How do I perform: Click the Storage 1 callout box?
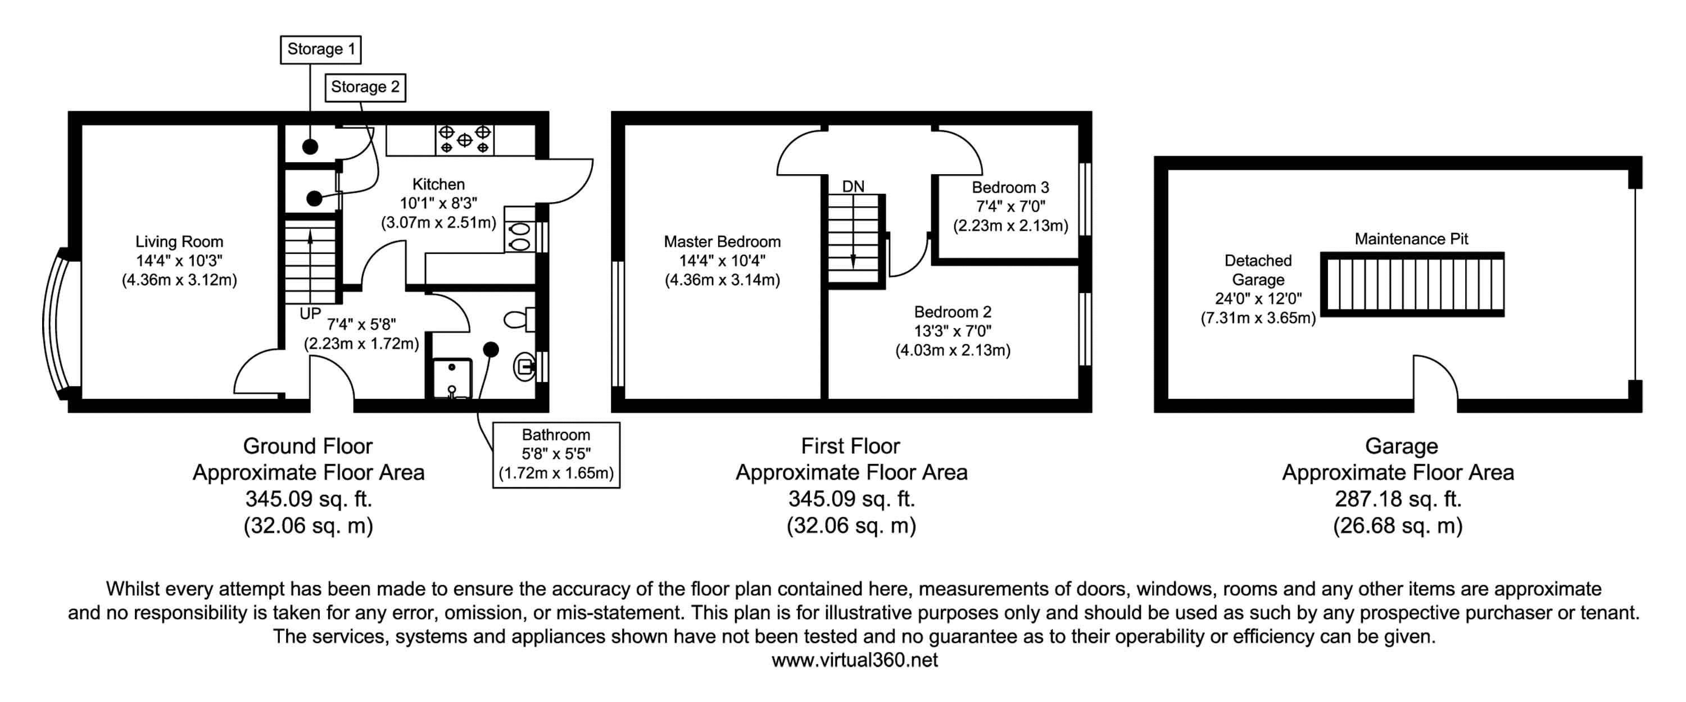321,50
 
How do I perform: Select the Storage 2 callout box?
365,88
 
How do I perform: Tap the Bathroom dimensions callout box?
556,455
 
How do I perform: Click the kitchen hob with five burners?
465,139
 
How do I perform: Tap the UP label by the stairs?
310,313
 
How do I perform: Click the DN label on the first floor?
853,186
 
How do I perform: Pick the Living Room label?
179,242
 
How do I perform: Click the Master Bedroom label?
722,242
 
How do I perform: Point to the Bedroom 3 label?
1010,188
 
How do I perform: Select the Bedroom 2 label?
952,312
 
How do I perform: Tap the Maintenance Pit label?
1411,239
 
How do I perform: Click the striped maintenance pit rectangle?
1412,285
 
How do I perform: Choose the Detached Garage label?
1258,270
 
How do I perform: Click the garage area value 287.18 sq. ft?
1398,499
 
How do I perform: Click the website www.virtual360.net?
854,659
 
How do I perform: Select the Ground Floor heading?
307,446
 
